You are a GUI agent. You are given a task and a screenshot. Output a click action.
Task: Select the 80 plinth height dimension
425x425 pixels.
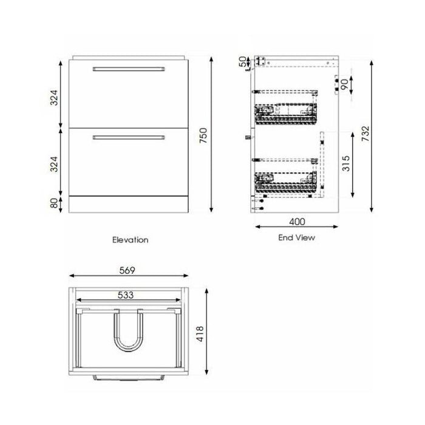pos(54,203)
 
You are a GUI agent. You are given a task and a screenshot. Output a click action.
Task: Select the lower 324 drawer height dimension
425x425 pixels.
pos(54,162)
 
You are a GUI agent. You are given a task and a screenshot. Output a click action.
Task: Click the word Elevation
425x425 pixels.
pos(130,239)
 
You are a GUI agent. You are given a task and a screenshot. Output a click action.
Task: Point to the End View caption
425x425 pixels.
pos(296,237)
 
